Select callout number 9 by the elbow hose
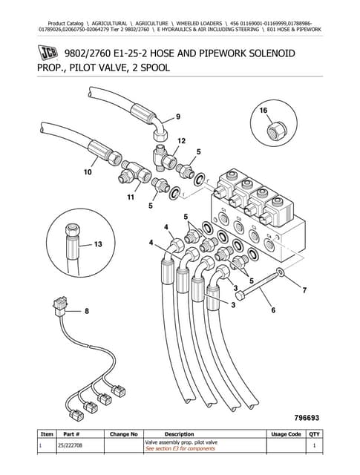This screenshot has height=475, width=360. click(x=178, y=117)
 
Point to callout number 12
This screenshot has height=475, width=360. click(x=181, y=140)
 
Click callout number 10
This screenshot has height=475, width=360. click(x=88, y=174)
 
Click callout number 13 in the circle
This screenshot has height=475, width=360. click(x=98, y=243)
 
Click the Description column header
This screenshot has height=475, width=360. click(x=179, y=434)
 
